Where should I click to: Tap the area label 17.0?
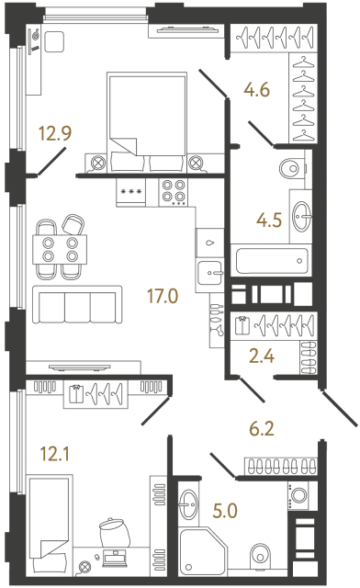point(163,298)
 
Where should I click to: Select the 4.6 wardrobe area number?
point(256,90)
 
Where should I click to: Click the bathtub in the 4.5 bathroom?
point(270,260)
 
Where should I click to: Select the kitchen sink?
point(211,272)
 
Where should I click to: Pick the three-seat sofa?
point(77,305)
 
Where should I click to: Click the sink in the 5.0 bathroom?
point(189,503)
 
